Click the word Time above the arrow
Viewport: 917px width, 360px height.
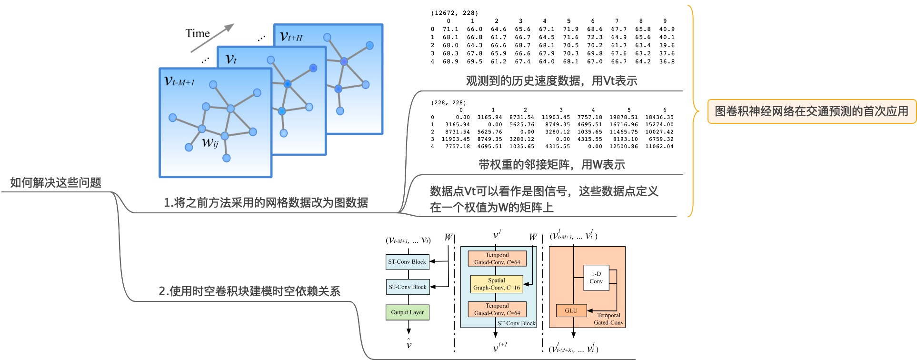click(198, 33)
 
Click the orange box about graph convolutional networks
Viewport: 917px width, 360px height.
click(811, 111)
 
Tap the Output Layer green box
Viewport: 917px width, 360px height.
click(408, 312)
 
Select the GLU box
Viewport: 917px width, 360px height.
click(571, 310)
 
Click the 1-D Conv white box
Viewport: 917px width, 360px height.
click(596, 278)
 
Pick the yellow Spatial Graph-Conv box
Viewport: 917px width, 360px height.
click(497, 284)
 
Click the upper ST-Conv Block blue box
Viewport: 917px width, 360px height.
click(407, 261)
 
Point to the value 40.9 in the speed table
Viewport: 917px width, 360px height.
click(667, 29)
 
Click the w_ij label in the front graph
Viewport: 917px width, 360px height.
click(210, 142)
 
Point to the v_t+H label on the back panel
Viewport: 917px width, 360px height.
click(291, 36)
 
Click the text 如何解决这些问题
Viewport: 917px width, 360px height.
click(56, 183)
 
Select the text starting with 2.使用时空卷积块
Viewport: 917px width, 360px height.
click(249, 291)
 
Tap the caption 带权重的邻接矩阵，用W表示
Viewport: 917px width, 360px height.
click(551, 165)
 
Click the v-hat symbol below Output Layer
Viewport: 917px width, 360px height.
click(409, 344)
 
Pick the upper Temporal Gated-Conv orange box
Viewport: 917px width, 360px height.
click(497, 259)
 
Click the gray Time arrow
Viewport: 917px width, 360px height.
click(212, 38)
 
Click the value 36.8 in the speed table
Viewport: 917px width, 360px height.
click(667, 61)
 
